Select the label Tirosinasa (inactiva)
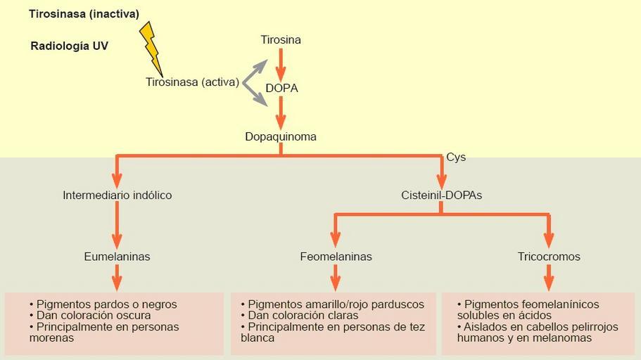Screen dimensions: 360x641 tap(84, 14)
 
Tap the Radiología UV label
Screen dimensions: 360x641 tap(69, 46)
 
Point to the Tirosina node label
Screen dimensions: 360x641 tap(281, 40)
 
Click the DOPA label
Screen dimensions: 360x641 tap(281, 89)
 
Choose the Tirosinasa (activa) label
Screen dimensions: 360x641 tap(192, 82)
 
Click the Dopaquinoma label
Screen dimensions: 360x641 tap(281, 136)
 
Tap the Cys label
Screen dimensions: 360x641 tap(456, 157)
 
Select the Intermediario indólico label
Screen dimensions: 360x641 tap(117, 195)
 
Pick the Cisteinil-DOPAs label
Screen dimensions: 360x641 tap(441, 195)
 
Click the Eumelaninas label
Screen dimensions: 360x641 tap(117, 257)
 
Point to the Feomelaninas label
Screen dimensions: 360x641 tap(336, 257)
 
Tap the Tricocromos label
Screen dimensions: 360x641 tap(549, 257)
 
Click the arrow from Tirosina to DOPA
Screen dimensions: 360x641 tap(281, 65)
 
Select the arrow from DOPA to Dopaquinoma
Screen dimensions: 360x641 tap(281, 112)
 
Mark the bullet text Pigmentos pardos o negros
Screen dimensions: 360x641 tap(106, 304)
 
